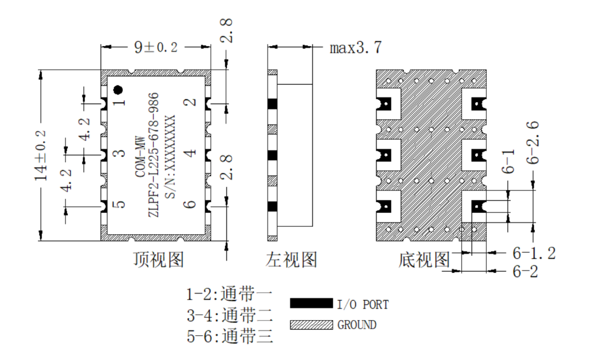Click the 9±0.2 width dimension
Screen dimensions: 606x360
[x=156, y=47]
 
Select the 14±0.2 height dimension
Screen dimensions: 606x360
[x=41, y=155]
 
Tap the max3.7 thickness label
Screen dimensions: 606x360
[x=355, y=48]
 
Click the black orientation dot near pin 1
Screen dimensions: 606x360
[x=118, y=90]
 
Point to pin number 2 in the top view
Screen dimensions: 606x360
[x=189, y=102]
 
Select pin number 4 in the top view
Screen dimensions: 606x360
[x=189, y=153]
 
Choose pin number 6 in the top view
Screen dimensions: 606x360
[x=189, y=203]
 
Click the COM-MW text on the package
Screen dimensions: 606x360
[x=140, y=157]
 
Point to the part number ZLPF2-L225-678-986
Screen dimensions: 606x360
[x=154, y=154]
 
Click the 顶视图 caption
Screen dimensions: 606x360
[x=159, y=260]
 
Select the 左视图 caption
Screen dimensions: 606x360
[x=291, y=260]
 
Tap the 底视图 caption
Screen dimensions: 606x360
[x=424, y=260]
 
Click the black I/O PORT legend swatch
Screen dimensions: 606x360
[x=311, y=303]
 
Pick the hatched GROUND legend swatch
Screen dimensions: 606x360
[x=311, y=324]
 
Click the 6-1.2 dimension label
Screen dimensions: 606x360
[x=534, y=254]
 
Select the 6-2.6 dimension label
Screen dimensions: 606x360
[x=533, y=143]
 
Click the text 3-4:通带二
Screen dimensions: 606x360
[x=230, y=316]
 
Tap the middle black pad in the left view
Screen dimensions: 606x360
[x=272, y=155]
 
